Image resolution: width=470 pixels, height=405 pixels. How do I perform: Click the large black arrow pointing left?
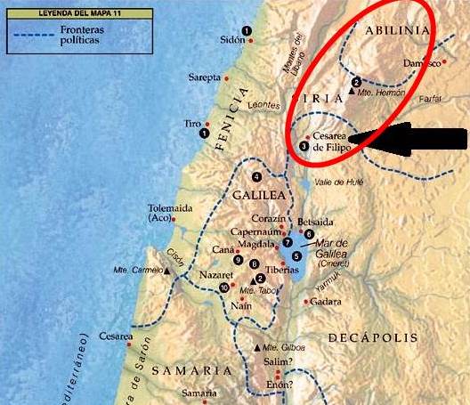pos(418,138)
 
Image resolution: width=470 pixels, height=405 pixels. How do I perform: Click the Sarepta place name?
pos(203,78)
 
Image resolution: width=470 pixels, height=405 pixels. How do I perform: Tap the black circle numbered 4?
pos(257,176)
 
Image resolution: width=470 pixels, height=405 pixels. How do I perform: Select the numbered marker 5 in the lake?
pos(309,255)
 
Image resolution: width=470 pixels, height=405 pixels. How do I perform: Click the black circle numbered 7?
pos(287,242)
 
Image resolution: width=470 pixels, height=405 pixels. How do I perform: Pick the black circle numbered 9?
pos(239,259)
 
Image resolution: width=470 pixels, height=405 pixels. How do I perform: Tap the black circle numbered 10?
pos(223,288)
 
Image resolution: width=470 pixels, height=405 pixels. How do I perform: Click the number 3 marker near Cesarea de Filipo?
pos(304,146)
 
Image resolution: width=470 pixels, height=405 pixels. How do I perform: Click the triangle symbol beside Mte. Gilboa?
pos(257,346)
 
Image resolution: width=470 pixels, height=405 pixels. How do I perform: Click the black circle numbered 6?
pos(309,234)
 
